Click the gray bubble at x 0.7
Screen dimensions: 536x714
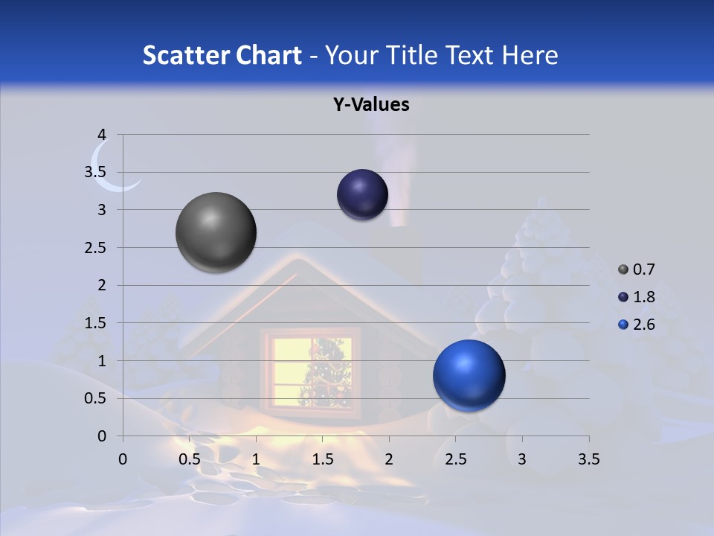tap(216, 232)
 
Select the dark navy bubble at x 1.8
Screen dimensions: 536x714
tap(362, 194)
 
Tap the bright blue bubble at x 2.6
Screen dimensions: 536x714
tap(469, 375)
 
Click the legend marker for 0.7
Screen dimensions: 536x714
tap(623, 269)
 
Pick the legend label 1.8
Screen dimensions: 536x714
tap(643, 297)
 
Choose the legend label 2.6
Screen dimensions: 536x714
tap(643, 325)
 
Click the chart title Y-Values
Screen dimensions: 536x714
tap(370, 105)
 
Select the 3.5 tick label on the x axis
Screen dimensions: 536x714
tap(588, 459)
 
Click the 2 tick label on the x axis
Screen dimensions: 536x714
tap(389, 459)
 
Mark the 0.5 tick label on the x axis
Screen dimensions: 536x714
tap(190, 459)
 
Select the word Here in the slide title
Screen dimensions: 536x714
tap(530, 55)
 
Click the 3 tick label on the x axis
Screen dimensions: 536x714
tap(522, 459)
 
